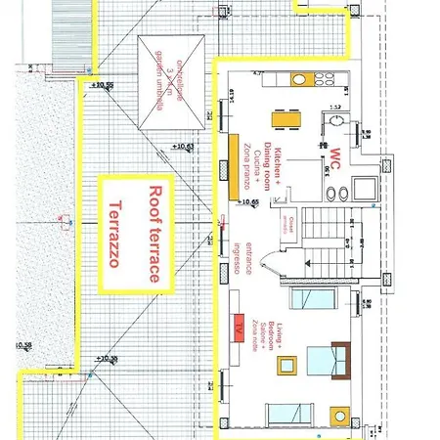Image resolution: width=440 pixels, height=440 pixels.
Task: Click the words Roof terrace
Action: [x=153, y=235]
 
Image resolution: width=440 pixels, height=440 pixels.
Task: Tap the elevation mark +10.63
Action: [x=183, y=148]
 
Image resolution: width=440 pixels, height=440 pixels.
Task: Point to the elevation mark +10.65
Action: [x=248, y=202]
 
